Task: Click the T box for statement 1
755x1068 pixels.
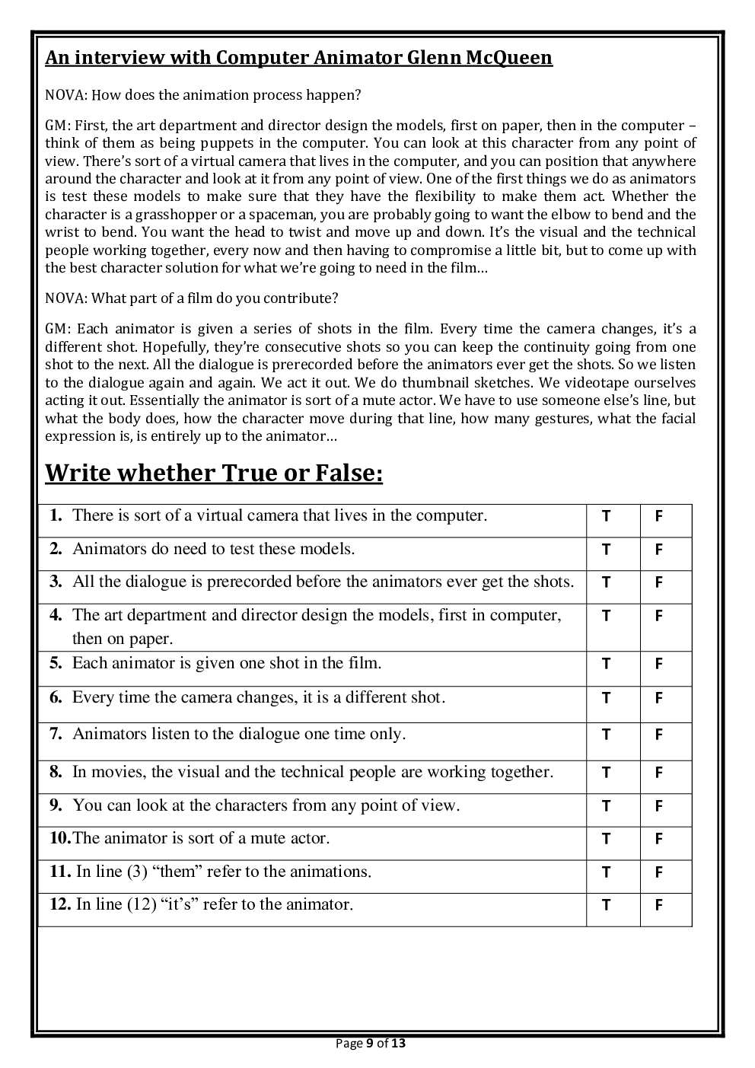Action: (x=606, y=516)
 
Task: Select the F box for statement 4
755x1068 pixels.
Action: (x=658, y=616)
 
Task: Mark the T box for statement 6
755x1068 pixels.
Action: (x=606, y=698)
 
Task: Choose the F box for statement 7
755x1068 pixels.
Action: (x=658, y=735)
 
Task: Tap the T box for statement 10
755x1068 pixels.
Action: (x=606, y=839)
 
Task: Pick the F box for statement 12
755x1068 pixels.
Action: (x=658, y=905)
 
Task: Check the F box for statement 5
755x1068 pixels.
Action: (x=658, y=664)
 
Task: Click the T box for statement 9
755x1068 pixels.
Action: (x=606, y=806)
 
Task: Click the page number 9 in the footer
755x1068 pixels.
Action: (x=370, y=1043)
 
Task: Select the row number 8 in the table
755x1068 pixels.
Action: (x=56, y=772)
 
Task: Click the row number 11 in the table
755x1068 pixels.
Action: (x=59, y=872)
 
